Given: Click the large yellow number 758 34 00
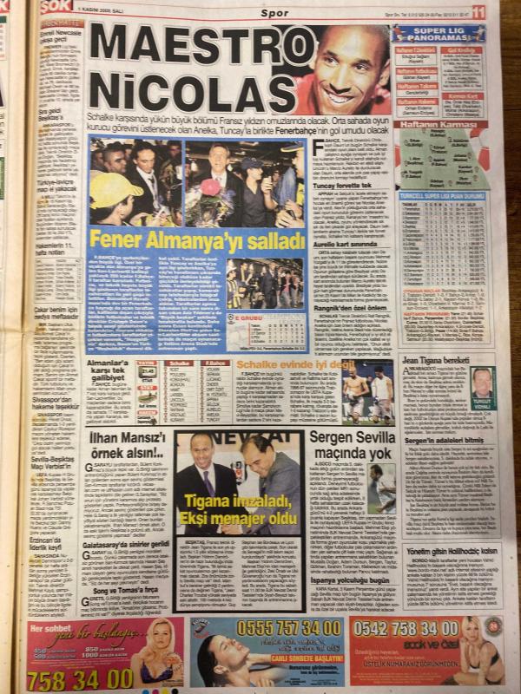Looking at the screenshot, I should (x=79, y=677).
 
